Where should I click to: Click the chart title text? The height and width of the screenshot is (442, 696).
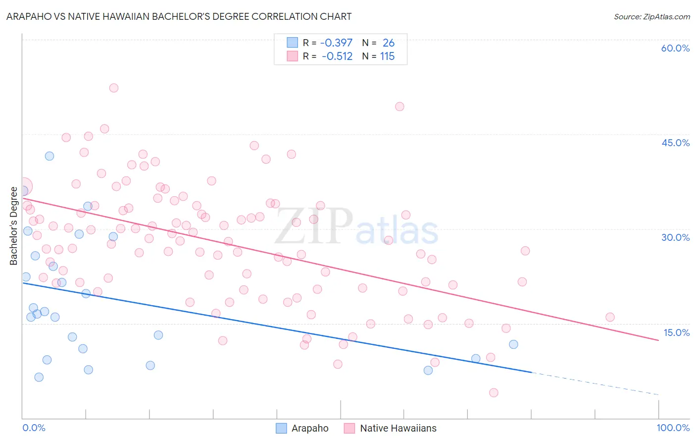tap(179, 16)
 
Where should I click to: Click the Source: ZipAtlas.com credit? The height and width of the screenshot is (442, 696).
tap(651, 16)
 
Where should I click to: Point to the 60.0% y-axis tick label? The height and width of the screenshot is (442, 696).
tap(675, 48)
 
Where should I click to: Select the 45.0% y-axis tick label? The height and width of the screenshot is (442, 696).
tap(675, 143)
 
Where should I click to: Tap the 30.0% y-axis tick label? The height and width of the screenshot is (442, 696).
tap(675, 237)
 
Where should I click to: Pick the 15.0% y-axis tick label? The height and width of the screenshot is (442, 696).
tap(676, 332)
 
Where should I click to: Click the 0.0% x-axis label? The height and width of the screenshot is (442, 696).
tap(34, 428)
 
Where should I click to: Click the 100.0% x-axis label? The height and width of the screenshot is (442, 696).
tap(673, 428)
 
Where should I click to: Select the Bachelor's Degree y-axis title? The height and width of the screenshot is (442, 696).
tap(13, 226)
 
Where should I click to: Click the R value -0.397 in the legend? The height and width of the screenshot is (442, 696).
tap(336, 43)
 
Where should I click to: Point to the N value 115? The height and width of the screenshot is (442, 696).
tap(387, 56)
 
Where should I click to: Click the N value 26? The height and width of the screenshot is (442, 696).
tap(388, 43)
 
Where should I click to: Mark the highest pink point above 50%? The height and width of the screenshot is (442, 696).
tap(114, 88)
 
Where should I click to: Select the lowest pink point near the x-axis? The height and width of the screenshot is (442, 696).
tap(494, 392)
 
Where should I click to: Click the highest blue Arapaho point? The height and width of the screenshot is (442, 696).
tap(50, 156)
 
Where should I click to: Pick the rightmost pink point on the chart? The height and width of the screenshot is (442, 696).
tap(610, 317)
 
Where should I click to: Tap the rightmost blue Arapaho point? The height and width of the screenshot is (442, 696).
tap(513, 344)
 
